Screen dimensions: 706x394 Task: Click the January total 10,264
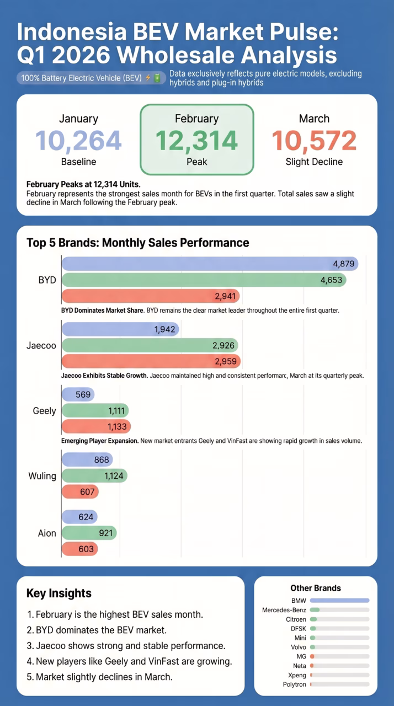(x=78, y=141)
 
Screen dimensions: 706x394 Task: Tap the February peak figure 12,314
(x=196, y=141)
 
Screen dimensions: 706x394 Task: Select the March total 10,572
(x=314, y=141)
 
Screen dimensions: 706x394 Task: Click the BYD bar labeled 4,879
(x=210, y=264)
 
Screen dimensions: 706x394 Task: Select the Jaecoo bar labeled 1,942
(x=120, y=330)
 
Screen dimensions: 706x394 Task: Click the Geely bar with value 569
(x=78, y=394)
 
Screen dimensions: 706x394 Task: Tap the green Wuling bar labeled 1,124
(x=94, y=475)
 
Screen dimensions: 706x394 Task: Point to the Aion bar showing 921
(x=89, y=533)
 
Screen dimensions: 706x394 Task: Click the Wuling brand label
(x=42, y=475)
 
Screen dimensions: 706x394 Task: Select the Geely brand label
(x=45, y=410)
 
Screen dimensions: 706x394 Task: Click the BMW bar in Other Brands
(x=339, y=600)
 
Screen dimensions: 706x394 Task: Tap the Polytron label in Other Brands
(x=294, y=684)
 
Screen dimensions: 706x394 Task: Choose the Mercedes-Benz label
(x=284, y=610)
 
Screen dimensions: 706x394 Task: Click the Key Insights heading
(x=58, y=593)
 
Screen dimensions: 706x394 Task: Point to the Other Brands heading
(x=315, y=588)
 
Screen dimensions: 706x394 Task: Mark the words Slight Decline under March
(x=314, y=162)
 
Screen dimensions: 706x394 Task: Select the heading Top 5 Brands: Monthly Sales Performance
(x=137, y=243)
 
